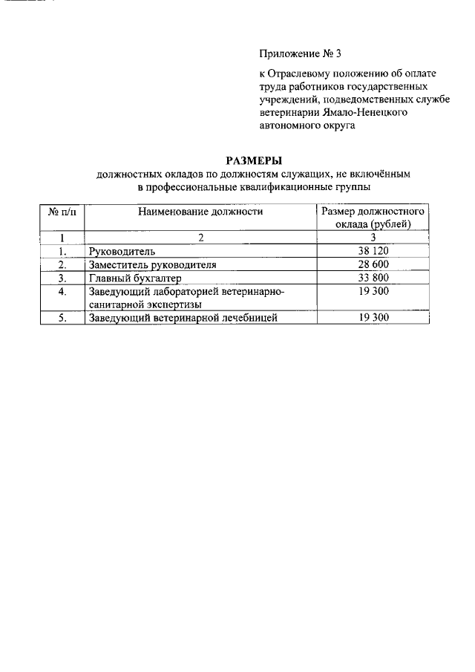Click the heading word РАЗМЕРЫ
click(x=255, y=160)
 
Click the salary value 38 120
click(x=373, y=251)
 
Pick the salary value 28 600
click(x=373, y=264)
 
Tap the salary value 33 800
click(x=373, y=278)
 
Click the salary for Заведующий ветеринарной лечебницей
click(x=373, y=318)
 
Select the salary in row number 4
click(x=373, y=292)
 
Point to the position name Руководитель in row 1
click(x=122, y=252)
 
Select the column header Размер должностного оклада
click(x=373, y=218)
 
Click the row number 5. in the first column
click(x=63, y=318)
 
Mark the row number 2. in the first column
click(x=63, y=265)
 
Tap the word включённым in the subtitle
click(x=385, y=173)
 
